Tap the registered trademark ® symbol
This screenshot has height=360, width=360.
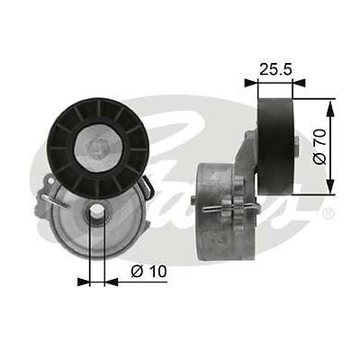point(328,213)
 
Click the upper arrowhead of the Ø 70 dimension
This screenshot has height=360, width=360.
point(331,105)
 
